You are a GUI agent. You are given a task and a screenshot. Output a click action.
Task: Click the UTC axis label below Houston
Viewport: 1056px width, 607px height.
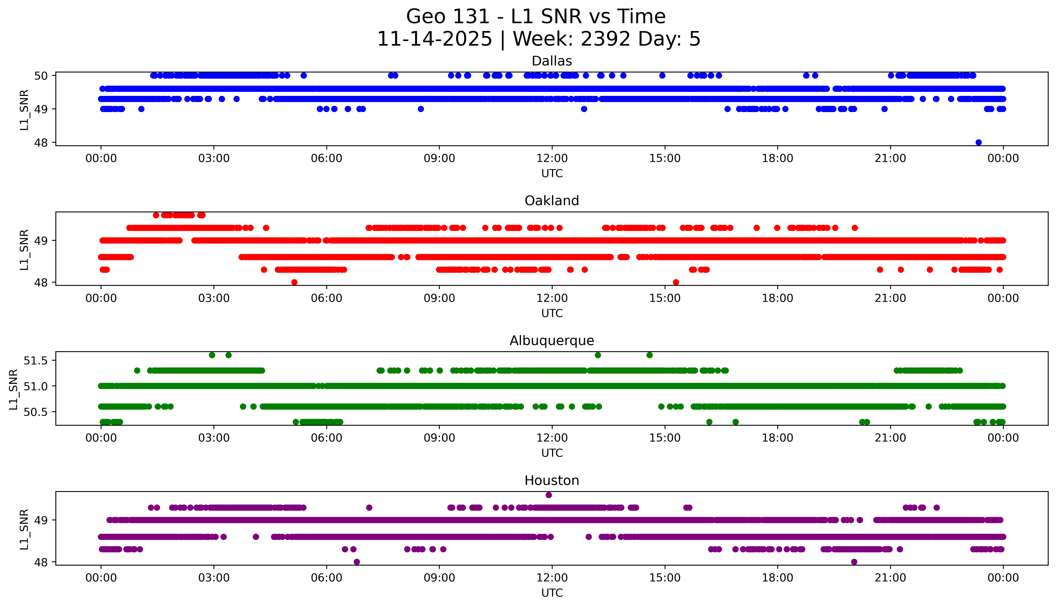552,593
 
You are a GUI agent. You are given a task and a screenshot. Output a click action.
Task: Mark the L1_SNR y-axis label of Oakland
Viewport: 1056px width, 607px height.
24,249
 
